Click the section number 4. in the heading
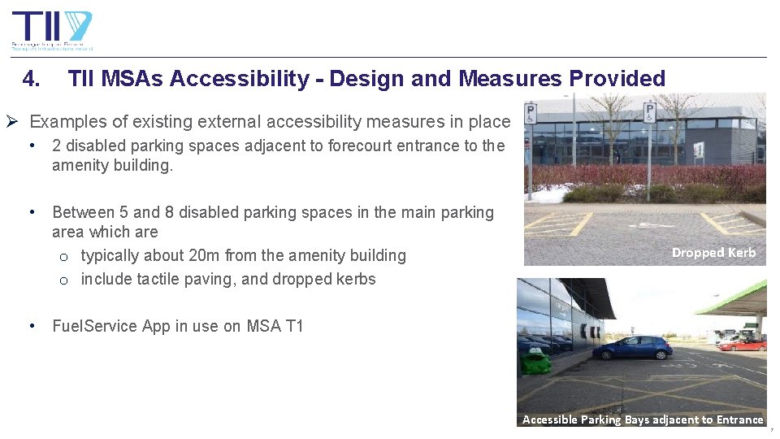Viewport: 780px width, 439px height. [32, 79]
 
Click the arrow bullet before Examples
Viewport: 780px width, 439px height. [12, 122]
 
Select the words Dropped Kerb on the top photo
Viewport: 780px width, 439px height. [713, 252]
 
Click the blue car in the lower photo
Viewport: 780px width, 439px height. [632, 347]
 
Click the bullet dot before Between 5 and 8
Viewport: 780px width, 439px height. [30, 212]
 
